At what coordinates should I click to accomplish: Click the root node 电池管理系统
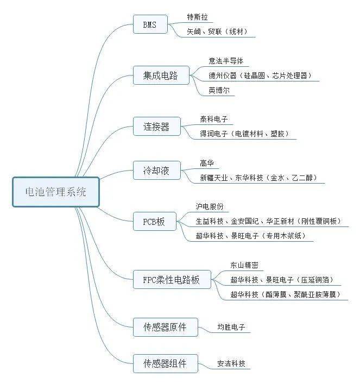(56, 192)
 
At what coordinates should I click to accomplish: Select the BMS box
(150, 24)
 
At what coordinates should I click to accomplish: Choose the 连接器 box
(156, 127)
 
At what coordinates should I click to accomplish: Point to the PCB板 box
(154, 221)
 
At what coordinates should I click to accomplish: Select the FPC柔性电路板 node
(172, 280)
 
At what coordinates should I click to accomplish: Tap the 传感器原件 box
(165, 327)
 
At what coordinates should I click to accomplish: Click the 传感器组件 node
(165, 363)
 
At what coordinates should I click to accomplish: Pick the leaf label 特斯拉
(197, 17)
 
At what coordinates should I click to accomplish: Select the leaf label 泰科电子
(214, 118)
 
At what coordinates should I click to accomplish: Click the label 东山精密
(244, 265)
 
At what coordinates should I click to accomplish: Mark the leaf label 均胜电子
(231, 327)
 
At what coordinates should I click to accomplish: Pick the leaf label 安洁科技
(231, 363)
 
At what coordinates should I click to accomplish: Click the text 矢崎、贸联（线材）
(217, 32)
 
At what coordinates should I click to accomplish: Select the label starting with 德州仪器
(260, 75)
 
